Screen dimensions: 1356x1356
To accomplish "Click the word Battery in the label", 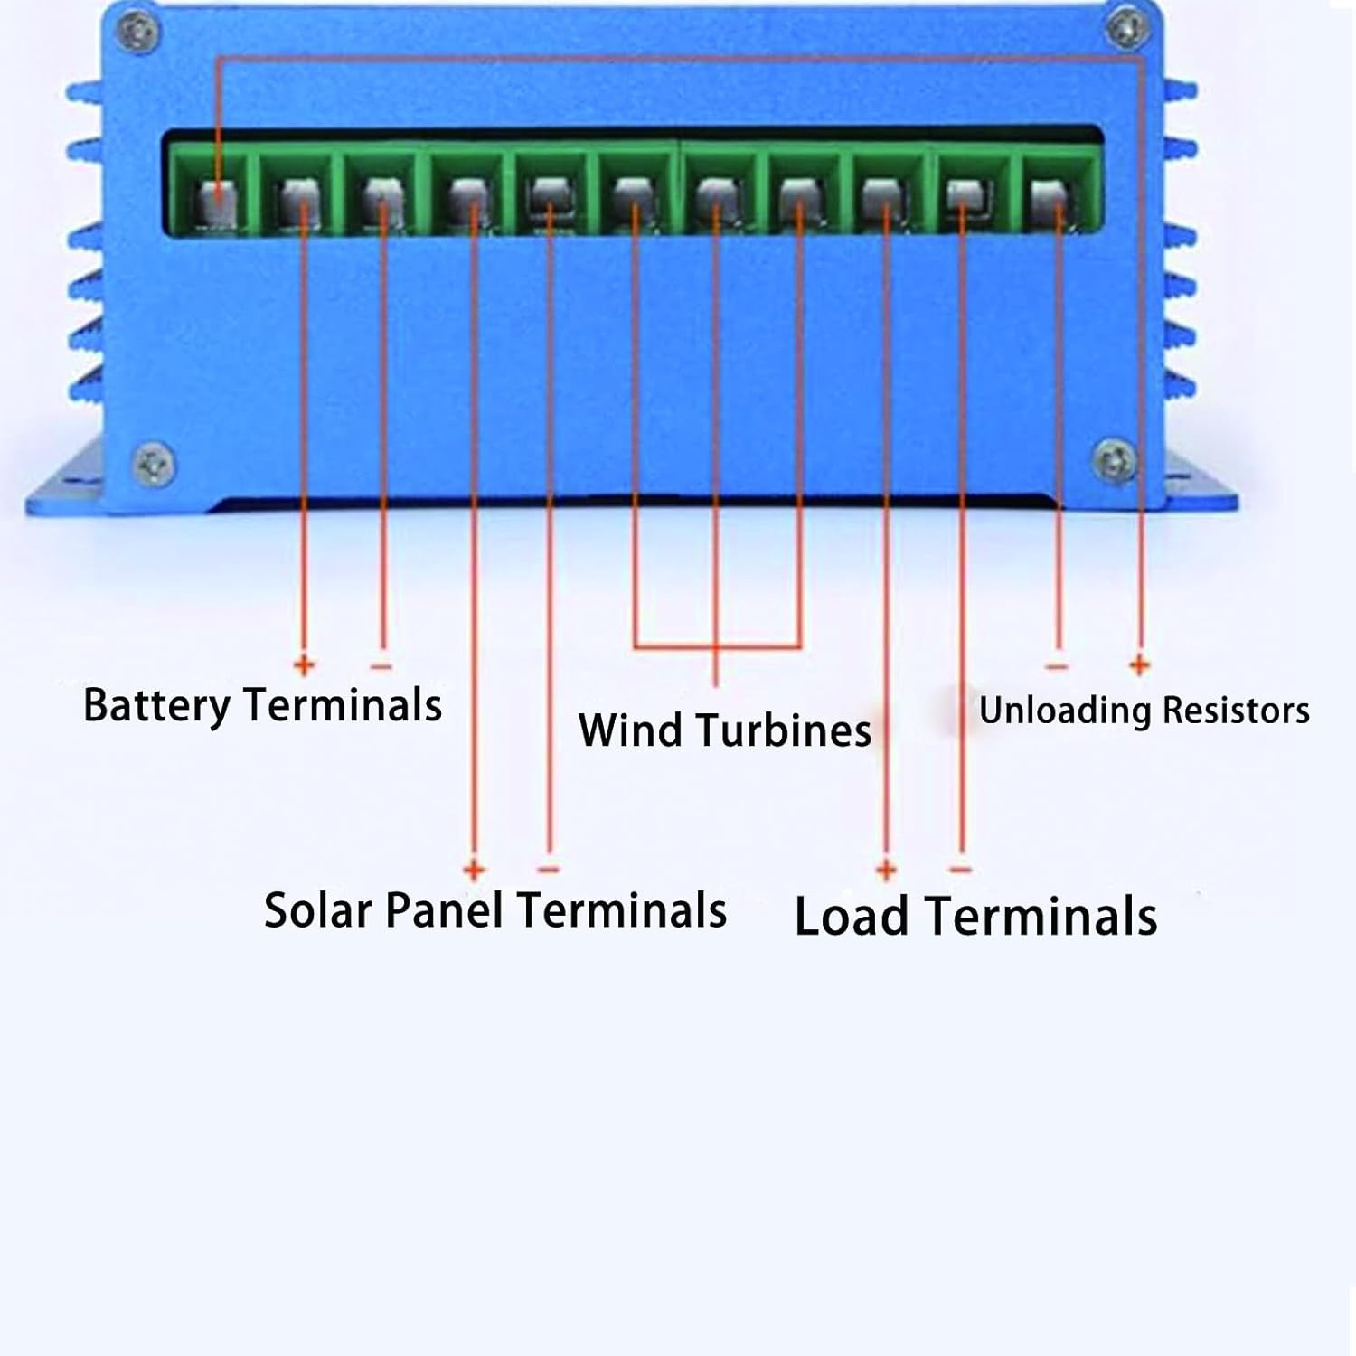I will click(x=155, y=706).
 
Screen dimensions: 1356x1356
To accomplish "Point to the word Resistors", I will click(x=1236, y=711).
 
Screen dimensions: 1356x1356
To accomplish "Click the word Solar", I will click(x=317, y=910).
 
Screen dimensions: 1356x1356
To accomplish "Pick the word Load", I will click(x=851, y=917).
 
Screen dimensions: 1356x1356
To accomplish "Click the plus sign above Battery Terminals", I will click(x=304, y=666).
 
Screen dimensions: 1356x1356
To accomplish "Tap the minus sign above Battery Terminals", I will click(x=381, y=667).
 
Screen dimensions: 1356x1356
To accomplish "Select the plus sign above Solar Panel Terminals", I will click(x=474, y=870).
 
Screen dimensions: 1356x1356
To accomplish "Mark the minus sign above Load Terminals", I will click(x=960, y=870).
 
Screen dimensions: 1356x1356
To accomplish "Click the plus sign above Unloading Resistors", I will click(x=1139, y=666).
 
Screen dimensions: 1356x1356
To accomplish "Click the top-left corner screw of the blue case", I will click(x=138, y=33).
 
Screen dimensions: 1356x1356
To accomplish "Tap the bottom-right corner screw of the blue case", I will click(x=1114, y=461).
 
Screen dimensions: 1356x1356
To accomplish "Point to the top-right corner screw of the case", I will click(x=1127, y=29).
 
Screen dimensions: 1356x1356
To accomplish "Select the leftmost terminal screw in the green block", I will click(x=217, y=199).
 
